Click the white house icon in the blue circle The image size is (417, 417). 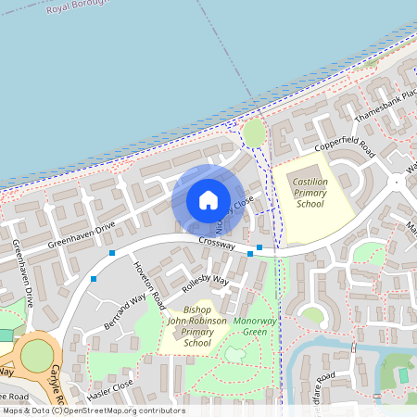tap(208, 199)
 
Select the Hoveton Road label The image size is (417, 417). tap(149, 284)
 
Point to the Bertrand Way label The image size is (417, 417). tap(125, 313)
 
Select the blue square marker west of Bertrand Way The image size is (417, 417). tap(94, 277)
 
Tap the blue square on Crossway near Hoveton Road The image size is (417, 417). tap(112, 253)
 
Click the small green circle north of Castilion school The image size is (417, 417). tap(253, 130)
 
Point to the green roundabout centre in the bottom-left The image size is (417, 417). tap(37, 355)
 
